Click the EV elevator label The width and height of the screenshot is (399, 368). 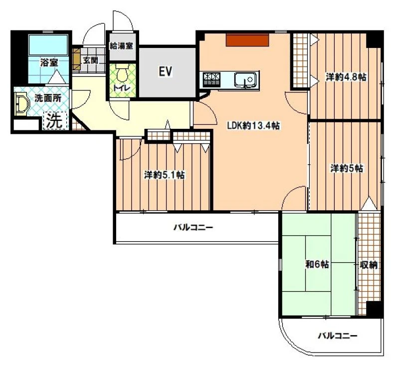[166, 71]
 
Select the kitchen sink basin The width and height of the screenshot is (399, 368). [245, 79]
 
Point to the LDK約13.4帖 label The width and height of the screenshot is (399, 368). [253, 125]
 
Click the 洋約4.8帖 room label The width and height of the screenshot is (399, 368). [346, 77]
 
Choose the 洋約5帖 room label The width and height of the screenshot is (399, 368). [347, 168]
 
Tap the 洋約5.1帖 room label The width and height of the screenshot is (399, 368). [165, 175]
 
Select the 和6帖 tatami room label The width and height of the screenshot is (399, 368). [317, 264]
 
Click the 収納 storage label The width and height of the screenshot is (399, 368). [368, 265]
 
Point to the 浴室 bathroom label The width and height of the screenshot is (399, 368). [49, 62]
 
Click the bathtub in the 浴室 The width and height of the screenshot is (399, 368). [48, 45]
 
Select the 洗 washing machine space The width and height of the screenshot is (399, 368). [55, 120]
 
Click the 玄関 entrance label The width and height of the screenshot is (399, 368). [90, 60]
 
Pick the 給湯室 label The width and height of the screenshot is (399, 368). [121, 46]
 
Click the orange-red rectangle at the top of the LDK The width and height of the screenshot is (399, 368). [247, 40]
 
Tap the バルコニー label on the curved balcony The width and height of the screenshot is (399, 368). [338, 336]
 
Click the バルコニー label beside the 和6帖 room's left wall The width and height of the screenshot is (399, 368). [193, 227]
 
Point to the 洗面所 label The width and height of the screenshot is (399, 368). [48, 98]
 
